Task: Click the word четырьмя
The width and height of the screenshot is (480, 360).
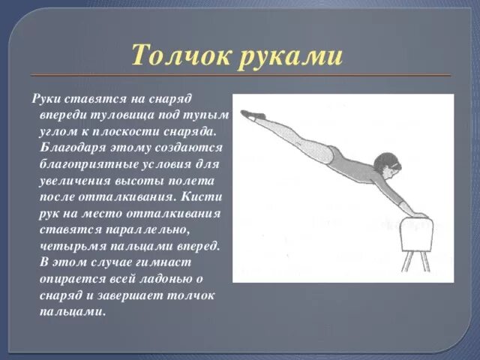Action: click(73, 246)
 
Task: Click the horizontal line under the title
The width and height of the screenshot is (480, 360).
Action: click(240, 76)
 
